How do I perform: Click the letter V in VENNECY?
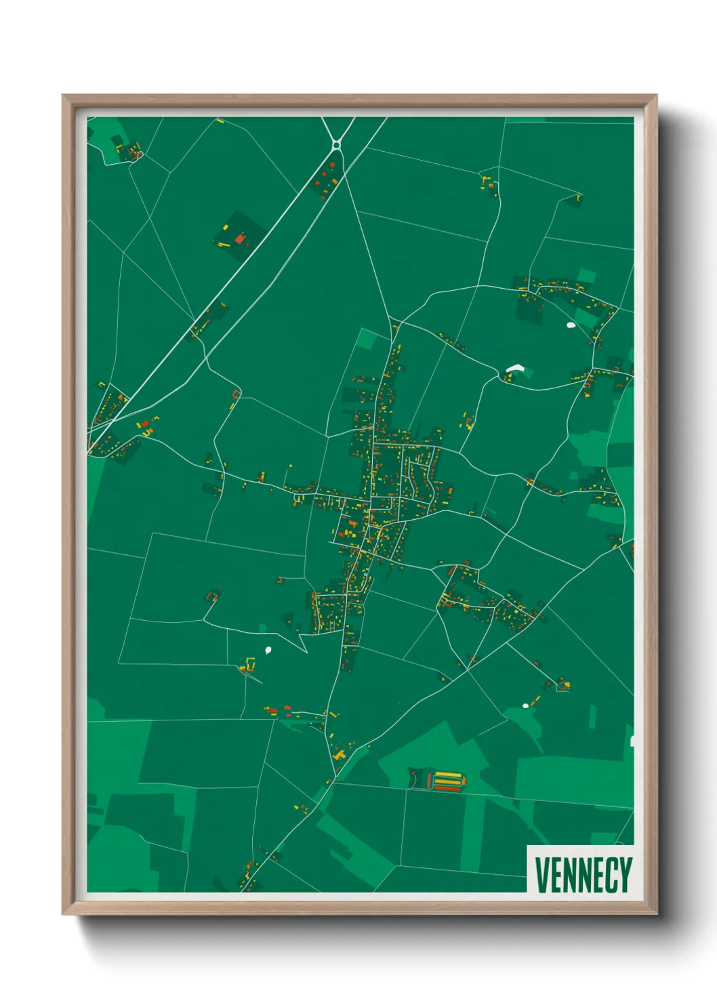[542, 875]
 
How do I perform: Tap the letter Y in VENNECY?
[625, 875]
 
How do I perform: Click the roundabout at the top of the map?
[336, 144]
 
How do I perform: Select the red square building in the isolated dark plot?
[239, 238]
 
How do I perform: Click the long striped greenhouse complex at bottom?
[447, 781]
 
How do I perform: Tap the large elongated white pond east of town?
[515, 369]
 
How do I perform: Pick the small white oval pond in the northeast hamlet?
[571, 325]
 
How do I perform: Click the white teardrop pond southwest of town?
[268, 650]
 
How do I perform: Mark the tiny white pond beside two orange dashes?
[525, 706]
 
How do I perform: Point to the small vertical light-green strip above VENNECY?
[592, 717]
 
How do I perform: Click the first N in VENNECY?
[573, 875]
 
